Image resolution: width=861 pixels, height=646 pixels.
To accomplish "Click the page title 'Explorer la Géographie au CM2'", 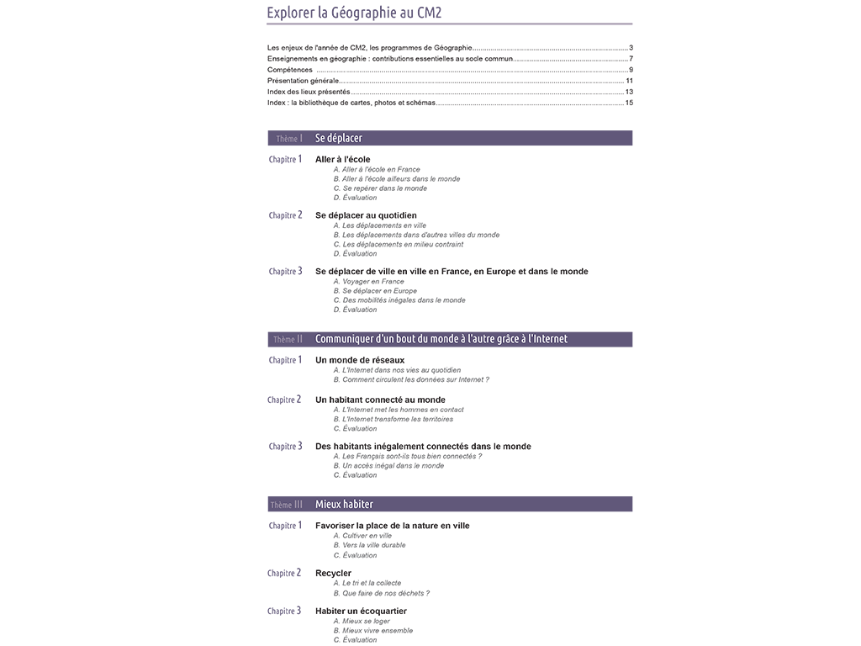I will (354, 13).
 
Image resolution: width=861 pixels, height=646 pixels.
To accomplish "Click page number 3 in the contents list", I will (631, 48).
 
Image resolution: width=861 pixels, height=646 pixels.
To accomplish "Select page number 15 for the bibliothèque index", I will (629, 103).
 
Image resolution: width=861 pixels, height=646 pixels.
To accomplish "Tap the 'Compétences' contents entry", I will (290, 70).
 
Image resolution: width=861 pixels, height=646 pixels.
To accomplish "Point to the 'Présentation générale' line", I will (304, 81).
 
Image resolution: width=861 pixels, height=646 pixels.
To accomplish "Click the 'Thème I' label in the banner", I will (288, 138).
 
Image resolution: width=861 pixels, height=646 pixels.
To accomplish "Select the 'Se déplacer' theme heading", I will (339, 138).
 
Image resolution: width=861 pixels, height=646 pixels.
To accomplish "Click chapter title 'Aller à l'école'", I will (342, 159).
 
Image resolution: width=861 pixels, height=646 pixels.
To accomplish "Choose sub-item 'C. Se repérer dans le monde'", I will (380, 188).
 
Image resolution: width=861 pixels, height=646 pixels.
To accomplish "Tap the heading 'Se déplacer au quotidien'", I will (366, 215).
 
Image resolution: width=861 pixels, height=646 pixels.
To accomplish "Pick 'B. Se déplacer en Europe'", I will (375, 291).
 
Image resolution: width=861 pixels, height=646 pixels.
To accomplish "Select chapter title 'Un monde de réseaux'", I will (360, 360).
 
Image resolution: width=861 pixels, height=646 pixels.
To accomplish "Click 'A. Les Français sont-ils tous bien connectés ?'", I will (407, 456).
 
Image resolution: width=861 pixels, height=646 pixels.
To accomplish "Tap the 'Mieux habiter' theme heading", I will (344, 505).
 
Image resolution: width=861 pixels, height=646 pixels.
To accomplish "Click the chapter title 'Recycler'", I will (333, 574).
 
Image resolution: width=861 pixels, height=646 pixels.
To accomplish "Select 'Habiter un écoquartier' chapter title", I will (361, 612).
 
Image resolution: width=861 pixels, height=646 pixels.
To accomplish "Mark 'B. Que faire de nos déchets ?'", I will (381, 593).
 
